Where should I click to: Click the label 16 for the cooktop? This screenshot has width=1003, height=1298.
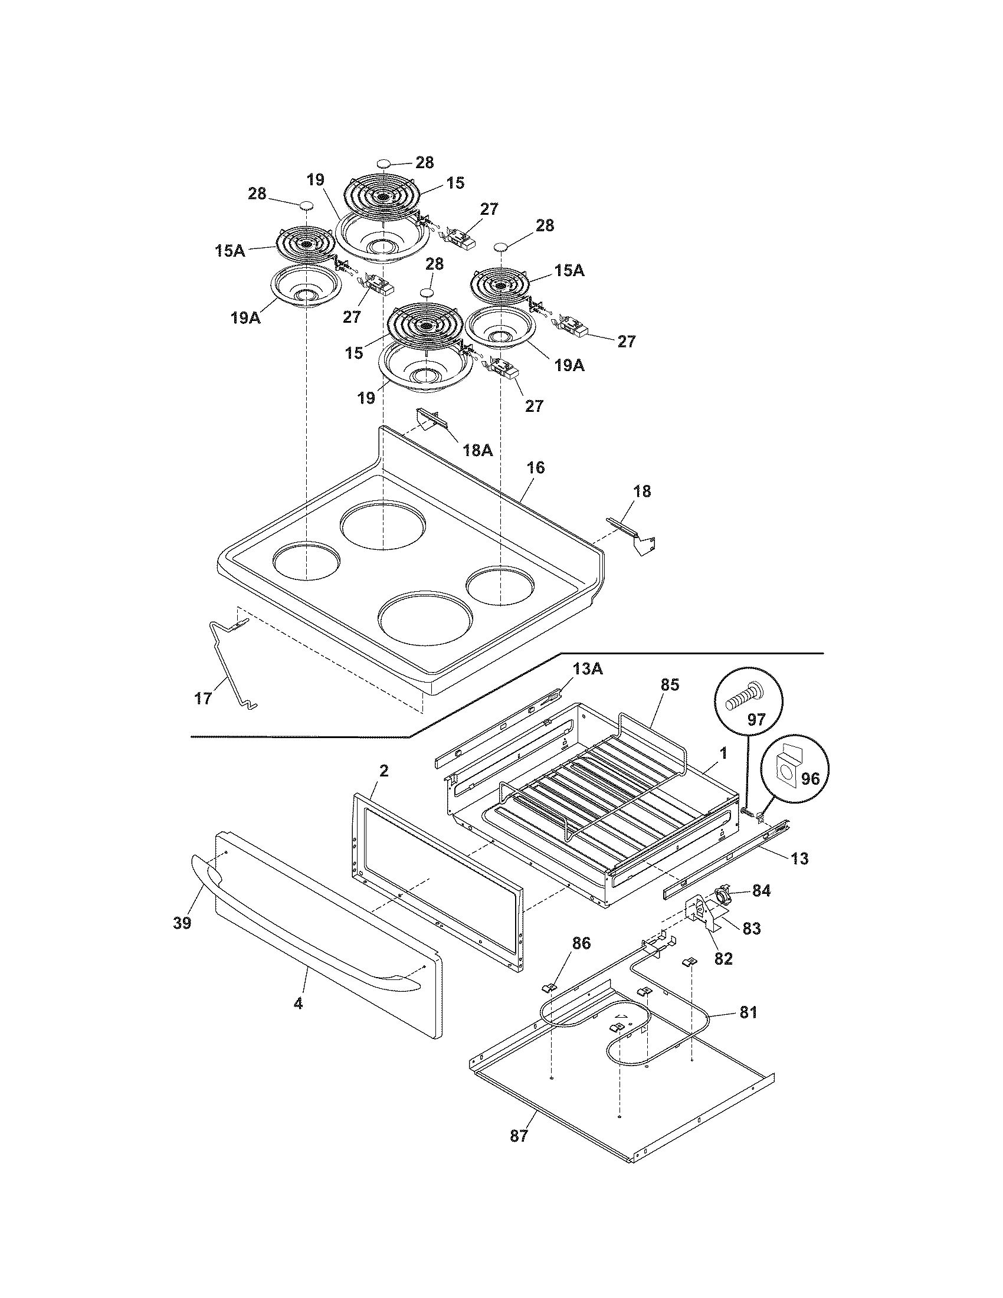(x=535, y=468)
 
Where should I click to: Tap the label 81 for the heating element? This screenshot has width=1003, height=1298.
(x=748, y=1012)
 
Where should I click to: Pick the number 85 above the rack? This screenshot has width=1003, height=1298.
(x=669, y=684)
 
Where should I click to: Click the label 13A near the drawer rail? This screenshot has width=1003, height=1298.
(x=588, y=669)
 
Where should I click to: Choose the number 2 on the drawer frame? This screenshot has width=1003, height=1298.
(x=384, y=772)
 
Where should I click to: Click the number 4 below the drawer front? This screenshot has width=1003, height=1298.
(x=299, y=1004)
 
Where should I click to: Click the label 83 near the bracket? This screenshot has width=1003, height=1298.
(x=751, y=928)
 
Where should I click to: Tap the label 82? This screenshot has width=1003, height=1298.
(x=723, y=959)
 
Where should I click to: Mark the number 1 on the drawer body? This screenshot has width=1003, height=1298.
(x=723, y=753)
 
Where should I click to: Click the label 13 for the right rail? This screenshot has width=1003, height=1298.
(x=800, y=858)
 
